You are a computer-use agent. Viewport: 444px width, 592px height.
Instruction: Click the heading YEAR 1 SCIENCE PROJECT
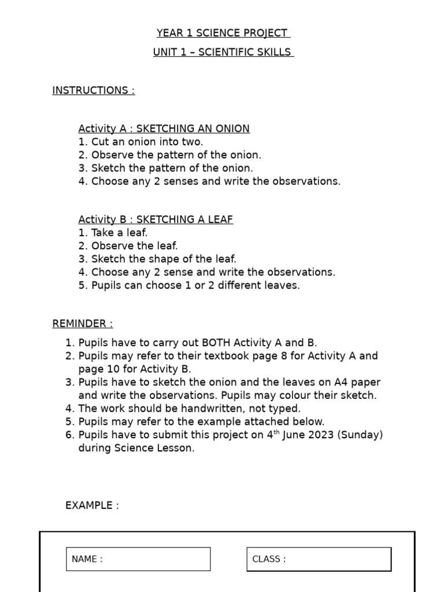[223, 33]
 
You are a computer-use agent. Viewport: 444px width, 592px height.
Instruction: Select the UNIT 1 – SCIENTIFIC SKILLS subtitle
[223, 52]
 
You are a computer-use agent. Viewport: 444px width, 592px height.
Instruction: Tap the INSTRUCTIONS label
[93, 90]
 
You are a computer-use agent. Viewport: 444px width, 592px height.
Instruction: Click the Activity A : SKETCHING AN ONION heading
[164, 128]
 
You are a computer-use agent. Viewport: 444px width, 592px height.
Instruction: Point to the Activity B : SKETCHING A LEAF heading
[156, 220]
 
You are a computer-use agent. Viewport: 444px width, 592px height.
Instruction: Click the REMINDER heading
[82, 323]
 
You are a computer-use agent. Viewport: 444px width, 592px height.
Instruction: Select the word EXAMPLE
[91, 505]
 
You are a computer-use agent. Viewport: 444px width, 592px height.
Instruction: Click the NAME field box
[138, 559]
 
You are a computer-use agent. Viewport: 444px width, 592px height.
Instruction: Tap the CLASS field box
[319, 559]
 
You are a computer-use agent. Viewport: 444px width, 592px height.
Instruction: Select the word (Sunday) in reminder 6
[361, 435]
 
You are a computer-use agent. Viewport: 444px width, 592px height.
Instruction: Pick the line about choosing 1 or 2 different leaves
[189, 286]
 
